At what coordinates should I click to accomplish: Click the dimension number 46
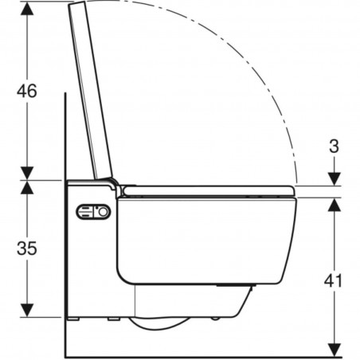coord(27,91)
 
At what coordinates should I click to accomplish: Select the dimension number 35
coord(27,248)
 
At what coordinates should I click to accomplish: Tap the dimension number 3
coord(334,147)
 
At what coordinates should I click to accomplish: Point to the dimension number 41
coord(334,280)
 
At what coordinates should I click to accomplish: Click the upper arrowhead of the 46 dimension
coord(27,9)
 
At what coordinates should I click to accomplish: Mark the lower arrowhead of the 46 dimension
coord(27,173)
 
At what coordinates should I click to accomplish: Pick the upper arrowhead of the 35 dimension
coord(27,187)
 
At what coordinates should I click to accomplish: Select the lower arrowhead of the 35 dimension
coord(27,310)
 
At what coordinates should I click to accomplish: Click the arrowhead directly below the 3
coord(335,179)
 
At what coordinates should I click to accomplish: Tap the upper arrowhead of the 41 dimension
coord(335,205)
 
